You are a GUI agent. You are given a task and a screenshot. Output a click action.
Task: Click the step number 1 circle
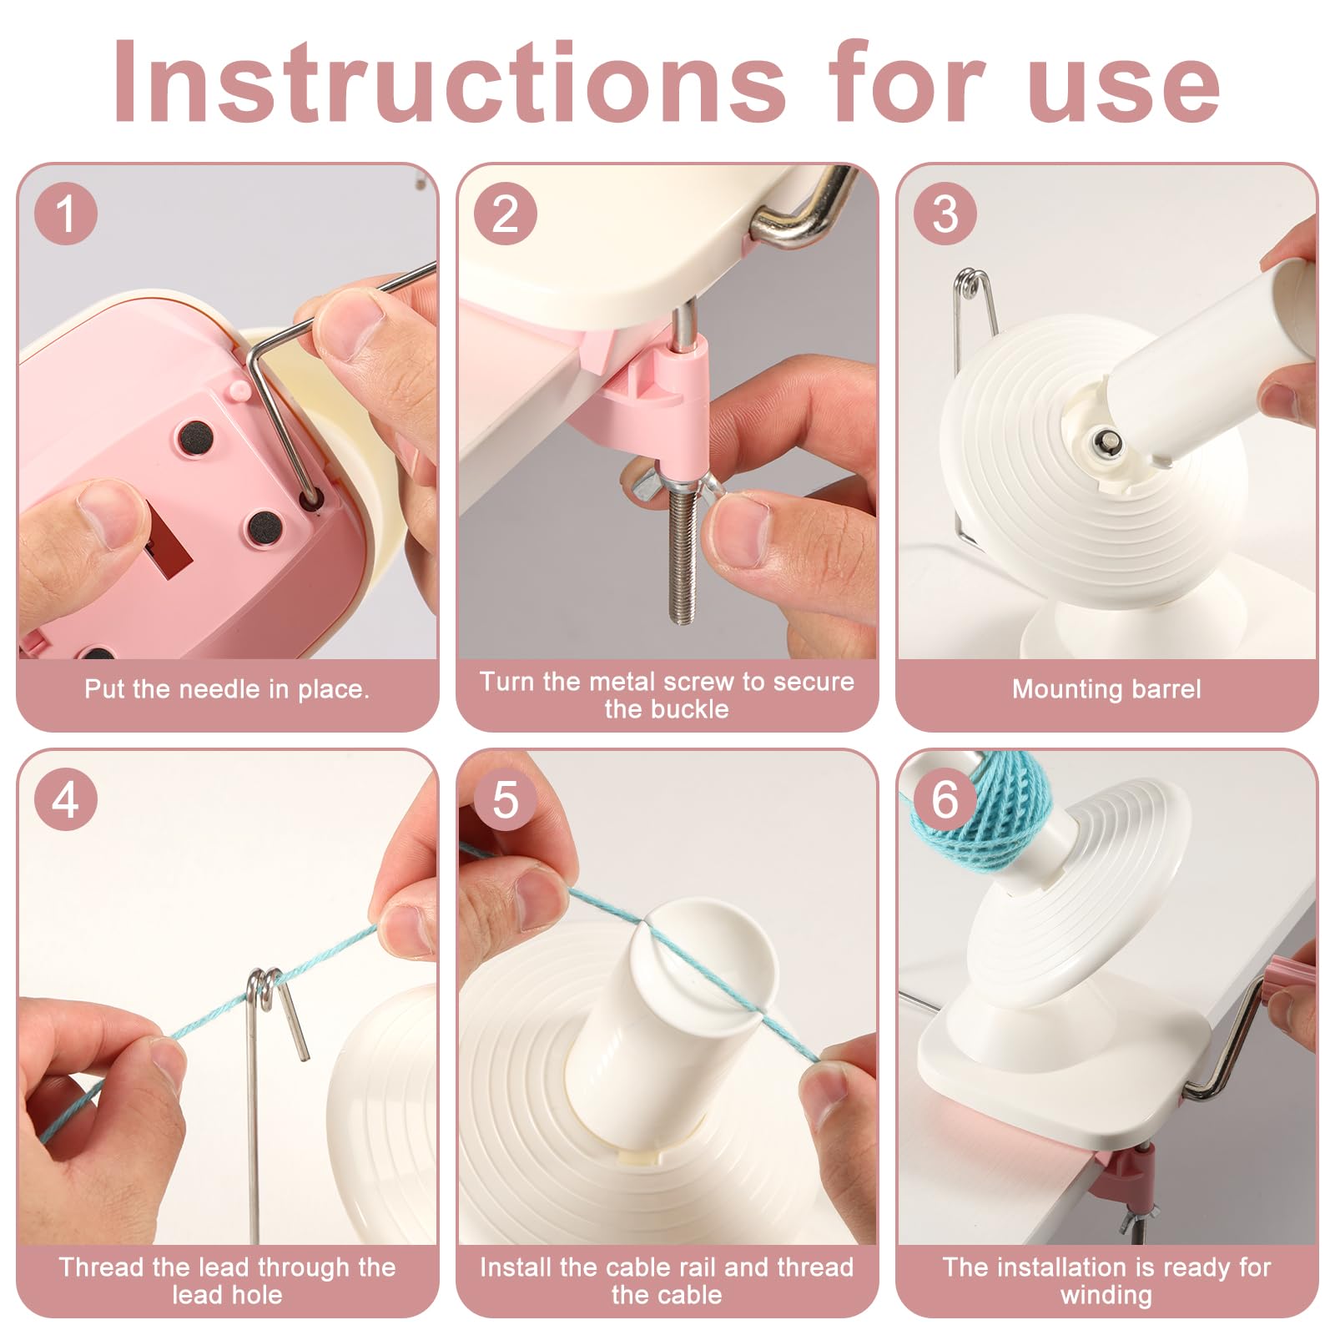point(66,214)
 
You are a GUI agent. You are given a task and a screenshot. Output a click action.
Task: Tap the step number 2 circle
point(506,214)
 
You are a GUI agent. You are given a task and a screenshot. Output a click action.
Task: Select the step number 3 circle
point(945,214)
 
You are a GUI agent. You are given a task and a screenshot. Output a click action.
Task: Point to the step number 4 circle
point(66,800)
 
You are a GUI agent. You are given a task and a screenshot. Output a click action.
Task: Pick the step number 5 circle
point(506,800)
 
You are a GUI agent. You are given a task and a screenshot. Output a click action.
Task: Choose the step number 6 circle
point(945,800)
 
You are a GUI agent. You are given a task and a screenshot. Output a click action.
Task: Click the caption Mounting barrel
point(1106,689)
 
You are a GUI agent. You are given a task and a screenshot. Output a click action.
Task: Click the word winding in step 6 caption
point(1106,1295)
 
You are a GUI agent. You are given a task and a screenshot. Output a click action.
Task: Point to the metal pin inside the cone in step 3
point(1107,441)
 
